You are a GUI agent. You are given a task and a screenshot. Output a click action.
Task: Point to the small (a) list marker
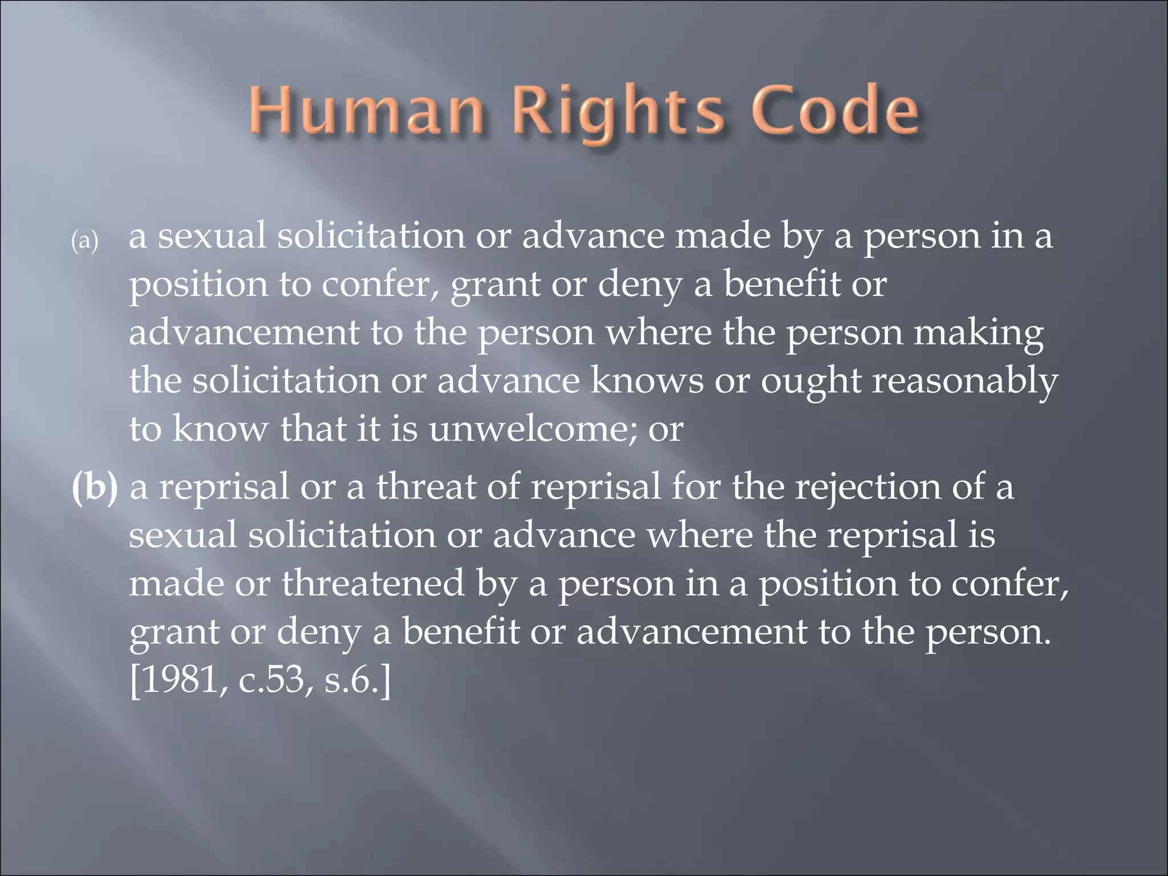click(x=84, y=241)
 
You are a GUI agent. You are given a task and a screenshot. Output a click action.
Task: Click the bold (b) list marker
click(x=95, y=488)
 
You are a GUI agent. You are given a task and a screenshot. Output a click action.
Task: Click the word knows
click(x=647, y=380)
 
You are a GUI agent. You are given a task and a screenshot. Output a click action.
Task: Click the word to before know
click(x=145, y=429)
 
